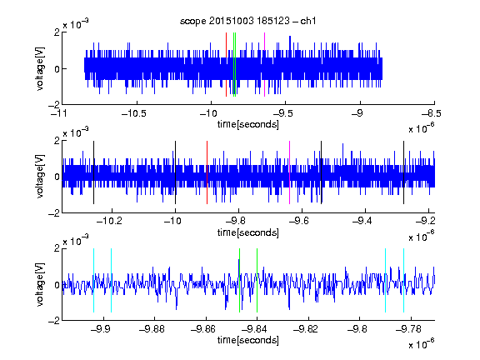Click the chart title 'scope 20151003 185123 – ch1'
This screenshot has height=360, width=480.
pyautogui.click(x=247, y=21)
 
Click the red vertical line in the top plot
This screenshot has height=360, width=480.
pyautogui.click(x=226, y=65)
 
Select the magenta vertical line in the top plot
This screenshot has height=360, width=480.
pyautogui.click(x=264, y=65)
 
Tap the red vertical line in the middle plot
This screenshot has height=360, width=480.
pyautogui.click(x=207, y=172)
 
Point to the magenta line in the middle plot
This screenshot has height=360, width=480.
pyautogui.click(x=290, y=172)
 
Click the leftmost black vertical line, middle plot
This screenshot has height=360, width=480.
pyautogui.click(x=93, y=172)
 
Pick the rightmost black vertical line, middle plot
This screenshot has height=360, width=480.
pyautogui.click(x=403, y=172)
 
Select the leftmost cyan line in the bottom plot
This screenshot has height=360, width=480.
pyautogui.click(x=93, y=280)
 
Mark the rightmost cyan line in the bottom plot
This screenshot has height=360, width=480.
pyautogui.click(x=403, y=280)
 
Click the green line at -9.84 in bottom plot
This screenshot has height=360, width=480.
pyautogui.click(x=257, y=280)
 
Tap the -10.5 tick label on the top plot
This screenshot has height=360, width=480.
pyautogui.click(x=134, y=113)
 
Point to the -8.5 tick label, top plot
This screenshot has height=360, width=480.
pyautogui.click(x=432, y=113)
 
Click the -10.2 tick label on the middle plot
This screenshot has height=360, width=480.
pyautogui.click(x=109, y=220)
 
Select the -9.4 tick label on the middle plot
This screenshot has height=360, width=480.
pyautogui.click(x=362, y=220)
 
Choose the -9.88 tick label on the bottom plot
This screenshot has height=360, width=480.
pyautogui.click(x=152, y=329)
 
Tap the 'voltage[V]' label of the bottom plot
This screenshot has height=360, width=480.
pyautogui.click(x=40, y=284)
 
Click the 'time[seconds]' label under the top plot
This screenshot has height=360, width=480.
pyautogui.click(x=248, y=124)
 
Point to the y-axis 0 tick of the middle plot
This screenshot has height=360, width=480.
pyautogui.click(x=57, y=177)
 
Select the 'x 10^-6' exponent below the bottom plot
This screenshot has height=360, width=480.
pyautogui.click(x=422, y=343)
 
